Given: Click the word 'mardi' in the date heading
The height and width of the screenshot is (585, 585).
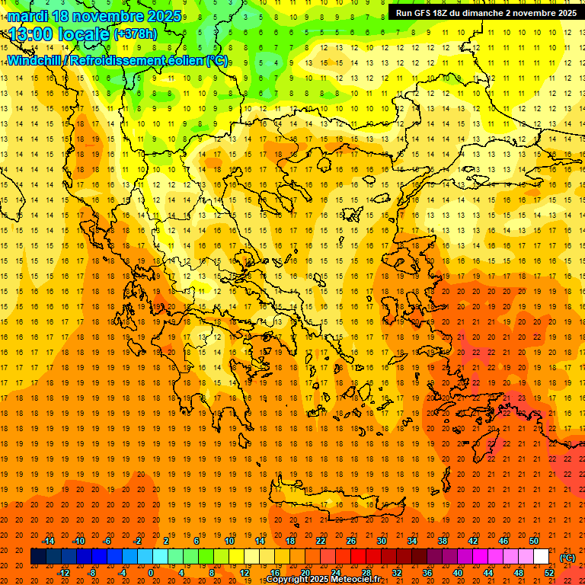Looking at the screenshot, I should tap(26, 16).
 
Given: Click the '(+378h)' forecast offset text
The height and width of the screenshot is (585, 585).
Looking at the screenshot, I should tap(136, 34).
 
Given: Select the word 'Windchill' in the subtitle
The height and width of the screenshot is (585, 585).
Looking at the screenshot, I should tap(34, 60).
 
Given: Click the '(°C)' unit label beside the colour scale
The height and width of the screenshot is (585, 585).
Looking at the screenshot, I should tap(567, 557).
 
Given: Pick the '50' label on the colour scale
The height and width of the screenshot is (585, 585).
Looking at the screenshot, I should tap(534, 541).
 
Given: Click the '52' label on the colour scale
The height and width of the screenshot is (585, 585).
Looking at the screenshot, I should tap(549, 573).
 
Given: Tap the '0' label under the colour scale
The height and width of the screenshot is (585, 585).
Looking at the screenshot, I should tap(151, 573).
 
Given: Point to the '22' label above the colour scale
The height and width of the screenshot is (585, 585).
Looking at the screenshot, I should tap(321, 541).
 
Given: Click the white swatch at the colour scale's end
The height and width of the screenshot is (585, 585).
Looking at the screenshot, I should tap(542, 557).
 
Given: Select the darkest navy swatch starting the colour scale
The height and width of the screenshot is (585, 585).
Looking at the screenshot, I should tap(38, 557).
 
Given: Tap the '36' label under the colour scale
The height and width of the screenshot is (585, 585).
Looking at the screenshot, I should tap(427, 573).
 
